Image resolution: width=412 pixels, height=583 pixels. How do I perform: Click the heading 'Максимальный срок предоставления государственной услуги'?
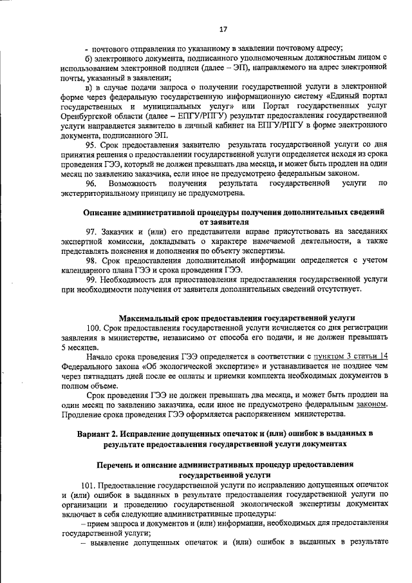tap(236, 318)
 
